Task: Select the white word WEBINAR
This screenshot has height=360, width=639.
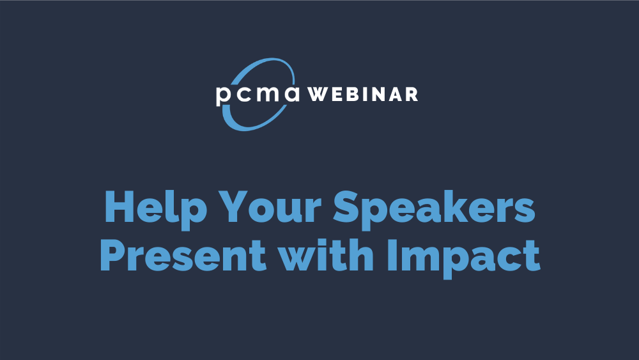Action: tap(362, 94)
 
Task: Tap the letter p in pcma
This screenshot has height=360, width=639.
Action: tap(224, 96)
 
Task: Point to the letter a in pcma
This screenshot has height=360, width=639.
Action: tap(292, 94)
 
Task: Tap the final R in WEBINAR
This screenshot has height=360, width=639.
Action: tap(412, 94)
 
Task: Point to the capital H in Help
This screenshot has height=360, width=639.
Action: tap(119, 207)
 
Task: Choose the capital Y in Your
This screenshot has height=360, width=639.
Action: tap(233, 207)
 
